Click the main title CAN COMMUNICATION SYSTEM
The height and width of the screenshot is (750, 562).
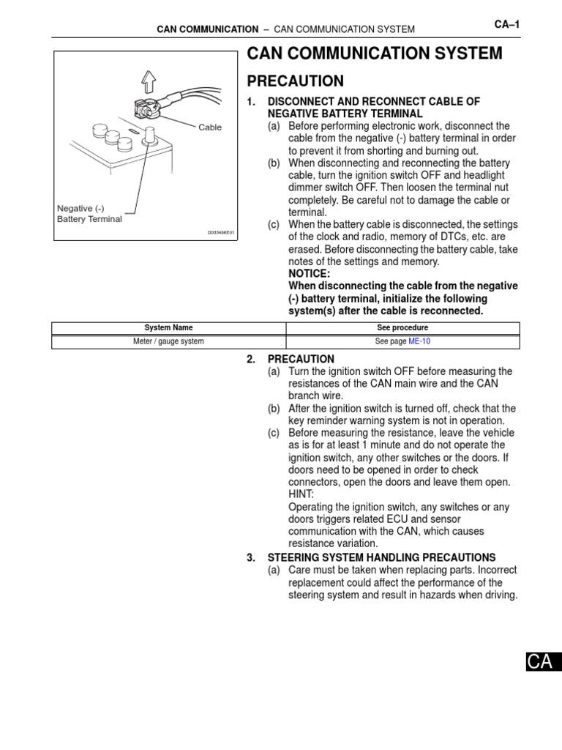coord(375,53)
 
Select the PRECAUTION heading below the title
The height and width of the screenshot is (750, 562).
coord(295,81)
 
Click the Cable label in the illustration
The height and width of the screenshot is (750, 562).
coord(210,127)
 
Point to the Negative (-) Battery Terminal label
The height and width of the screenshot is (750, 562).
coord(89,214)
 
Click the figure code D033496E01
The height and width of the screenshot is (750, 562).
coord(220,233)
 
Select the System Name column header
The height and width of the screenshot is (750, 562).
coord(168,328)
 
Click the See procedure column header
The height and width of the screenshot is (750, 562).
coord(402,328)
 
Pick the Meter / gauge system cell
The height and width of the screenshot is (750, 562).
coord(168,341)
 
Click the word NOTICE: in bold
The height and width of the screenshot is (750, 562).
coord(310,273)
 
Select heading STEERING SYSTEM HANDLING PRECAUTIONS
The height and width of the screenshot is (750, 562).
coord(381,557)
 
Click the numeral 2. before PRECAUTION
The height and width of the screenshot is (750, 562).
coord(252,359)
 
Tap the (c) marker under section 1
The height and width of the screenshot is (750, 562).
coord(274,224)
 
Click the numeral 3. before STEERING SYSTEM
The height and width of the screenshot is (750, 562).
coord(252,557)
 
